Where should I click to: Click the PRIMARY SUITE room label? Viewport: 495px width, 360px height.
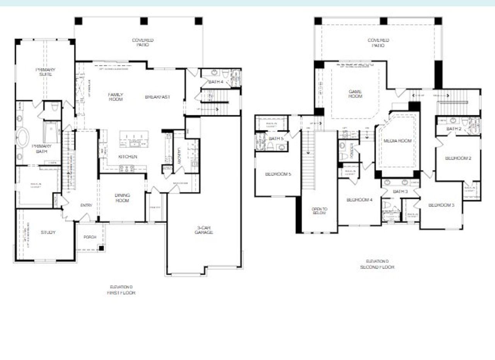pos(46,72)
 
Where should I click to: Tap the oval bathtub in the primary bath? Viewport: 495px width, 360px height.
pos(22,137)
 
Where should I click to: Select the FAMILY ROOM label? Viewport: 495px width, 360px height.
pos(115,97)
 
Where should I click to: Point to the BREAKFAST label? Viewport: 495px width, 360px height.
pos(157,97)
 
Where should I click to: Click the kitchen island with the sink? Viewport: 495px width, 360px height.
pos(134,139)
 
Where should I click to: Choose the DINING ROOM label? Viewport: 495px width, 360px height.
pos(122,198)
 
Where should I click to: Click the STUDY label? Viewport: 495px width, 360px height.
pos(48,232)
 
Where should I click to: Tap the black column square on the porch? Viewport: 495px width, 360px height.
pos(101,248)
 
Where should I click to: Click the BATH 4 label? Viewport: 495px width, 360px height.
pos(216,82)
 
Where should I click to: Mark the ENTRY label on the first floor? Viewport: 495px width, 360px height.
pos(86,205)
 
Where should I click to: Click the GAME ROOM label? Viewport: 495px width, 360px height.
pos(355,94)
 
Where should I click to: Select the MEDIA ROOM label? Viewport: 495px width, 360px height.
pos(398,141)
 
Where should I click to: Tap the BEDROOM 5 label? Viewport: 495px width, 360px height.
pos(278,174)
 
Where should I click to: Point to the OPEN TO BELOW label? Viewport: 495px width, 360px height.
pos(319,211)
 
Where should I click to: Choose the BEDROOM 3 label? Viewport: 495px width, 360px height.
pos(441,205)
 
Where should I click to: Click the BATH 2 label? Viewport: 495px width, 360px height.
pos(454,129)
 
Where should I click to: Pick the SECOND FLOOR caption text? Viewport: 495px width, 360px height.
pos(377,267)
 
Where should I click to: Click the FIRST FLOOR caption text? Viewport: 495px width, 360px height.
pos(121,293)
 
